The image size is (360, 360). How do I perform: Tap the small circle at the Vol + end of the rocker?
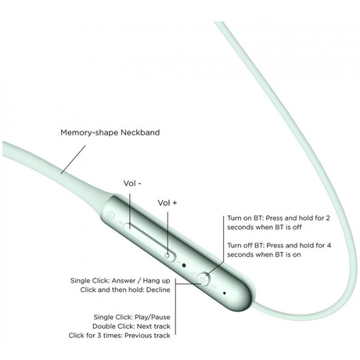tap(167, 255)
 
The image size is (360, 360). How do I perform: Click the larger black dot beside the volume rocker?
tap(184, 265)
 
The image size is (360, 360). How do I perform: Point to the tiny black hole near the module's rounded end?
tap(225, 293)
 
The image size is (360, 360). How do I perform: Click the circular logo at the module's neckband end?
tap(111, 215)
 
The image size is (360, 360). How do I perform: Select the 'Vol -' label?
tap(132, 183)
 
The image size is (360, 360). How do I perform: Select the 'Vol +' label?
tap(167, 203)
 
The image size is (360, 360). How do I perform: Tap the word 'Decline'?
tap(158, 290)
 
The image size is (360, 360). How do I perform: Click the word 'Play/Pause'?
tap(153, 317)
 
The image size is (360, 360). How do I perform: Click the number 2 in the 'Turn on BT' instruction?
tap(328, 218)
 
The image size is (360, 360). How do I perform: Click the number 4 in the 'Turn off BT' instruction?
tap(329, 245)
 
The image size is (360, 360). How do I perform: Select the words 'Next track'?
tap(153, 326)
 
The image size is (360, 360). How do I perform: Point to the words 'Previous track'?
tap(147, 335)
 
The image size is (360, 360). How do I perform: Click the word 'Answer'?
tap(124, 281)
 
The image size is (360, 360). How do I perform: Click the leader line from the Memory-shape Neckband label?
tap(74, 160)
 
